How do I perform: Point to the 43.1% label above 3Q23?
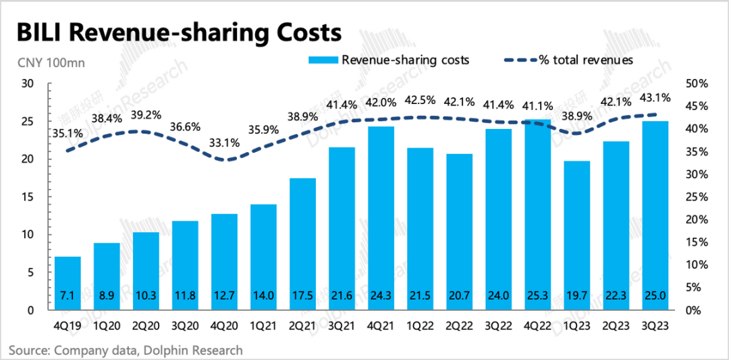coord(655,98)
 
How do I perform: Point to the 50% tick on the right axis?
coord(696,84)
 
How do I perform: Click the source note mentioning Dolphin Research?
coord(126,350)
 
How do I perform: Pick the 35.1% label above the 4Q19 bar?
coord(67,134)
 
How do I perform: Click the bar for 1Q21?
coord(263,257)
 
